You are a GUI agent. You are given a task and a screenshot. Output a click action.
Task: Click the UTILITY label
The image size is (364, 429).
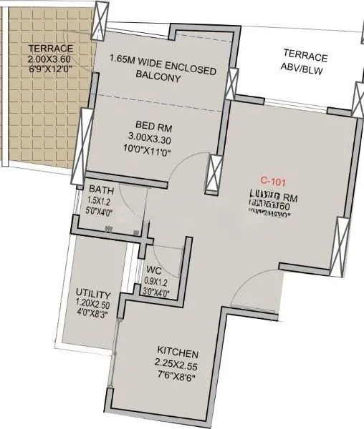pos(93,294)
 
